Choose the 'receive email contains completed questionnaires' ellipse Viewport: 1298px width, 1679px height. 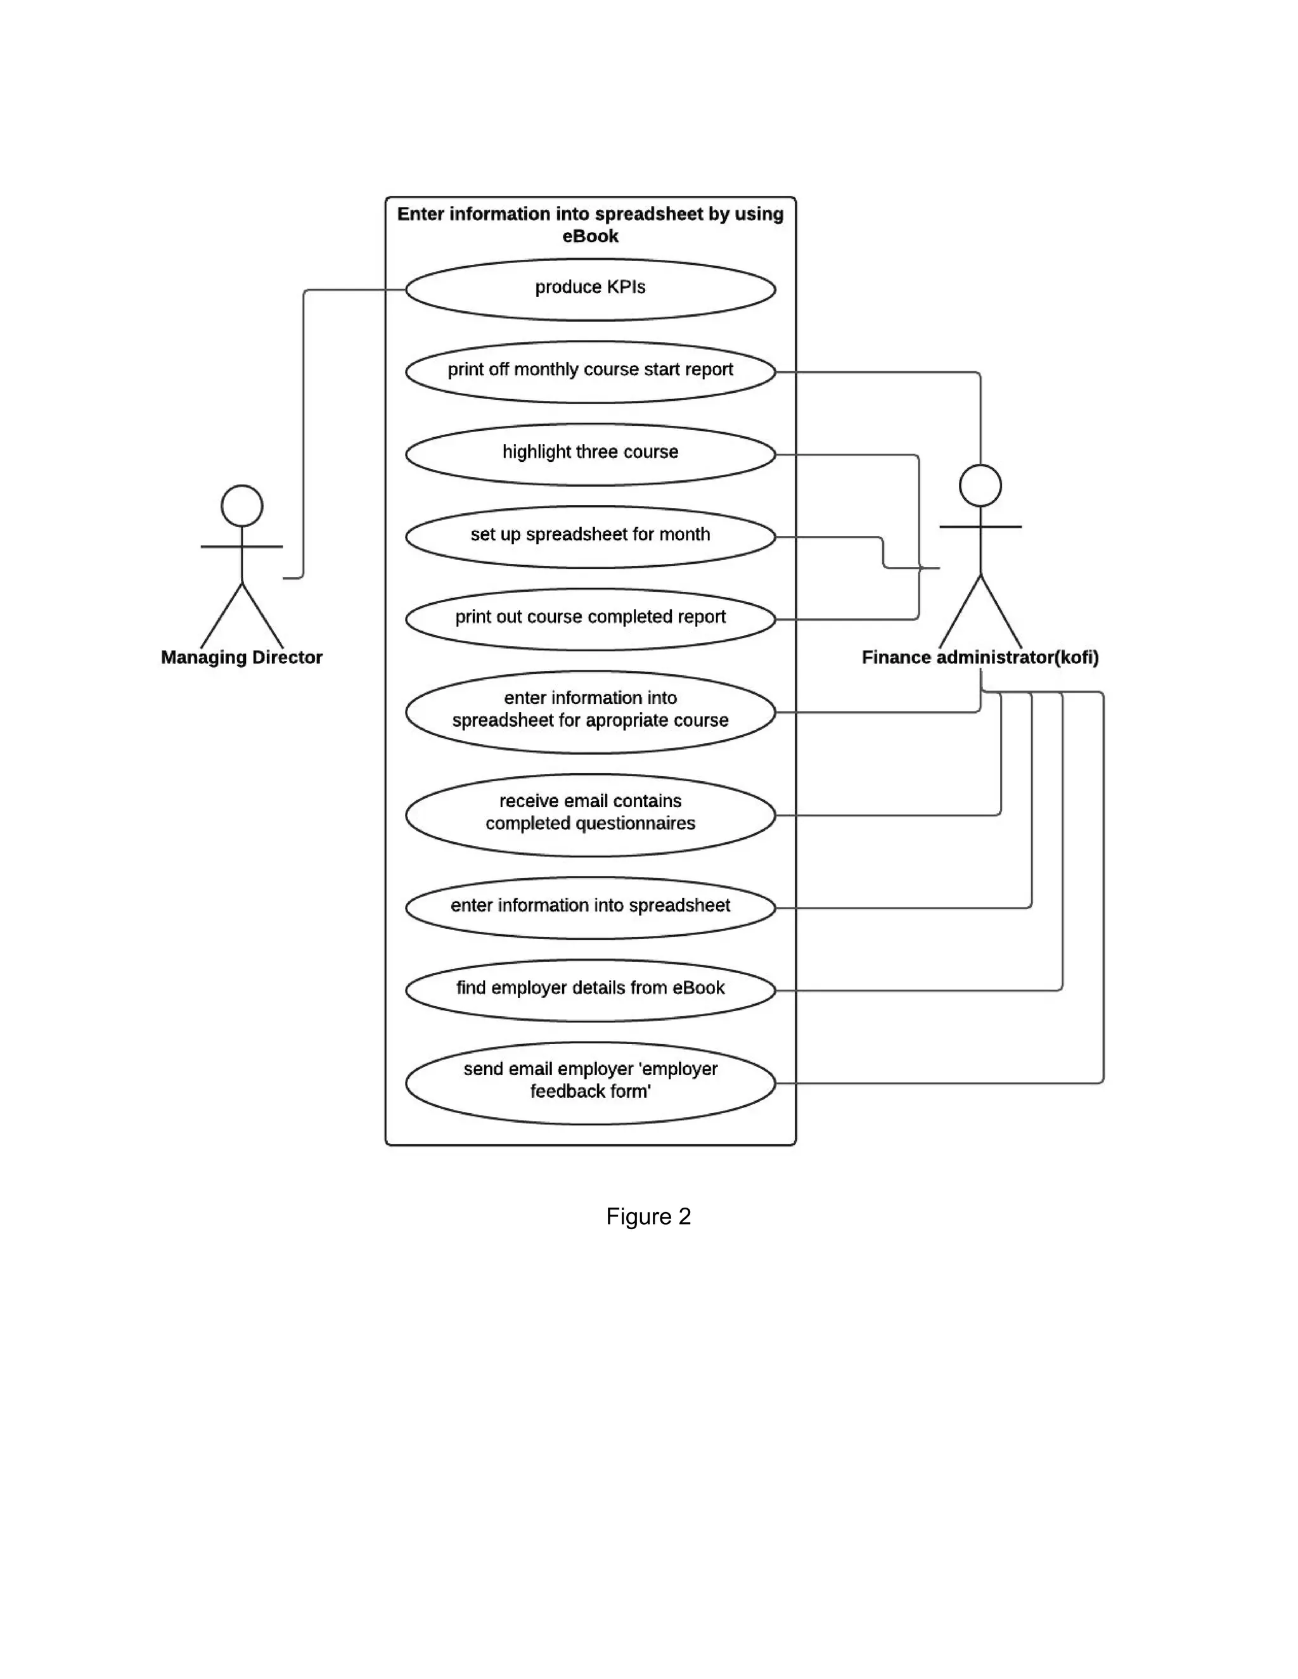(x=590, y=815)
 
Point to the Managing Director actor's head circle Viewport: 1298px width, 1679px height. (x=241, y=505)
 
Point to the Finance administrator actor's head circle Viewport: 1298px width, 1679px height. (x=980, y=485)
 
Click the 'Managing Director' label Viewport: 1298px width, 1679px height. (x=241, y=657)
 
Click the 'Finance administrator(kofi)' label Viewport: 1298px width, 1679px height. (x=980, y=657)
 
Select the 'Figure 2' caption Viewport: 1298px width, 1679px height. (x=648, y=1216)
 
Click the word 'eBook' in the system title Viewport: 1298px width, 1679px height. (x=590, y=236)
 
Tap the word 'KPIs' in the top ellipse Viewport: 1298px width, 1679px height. (x=625, y=287)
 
